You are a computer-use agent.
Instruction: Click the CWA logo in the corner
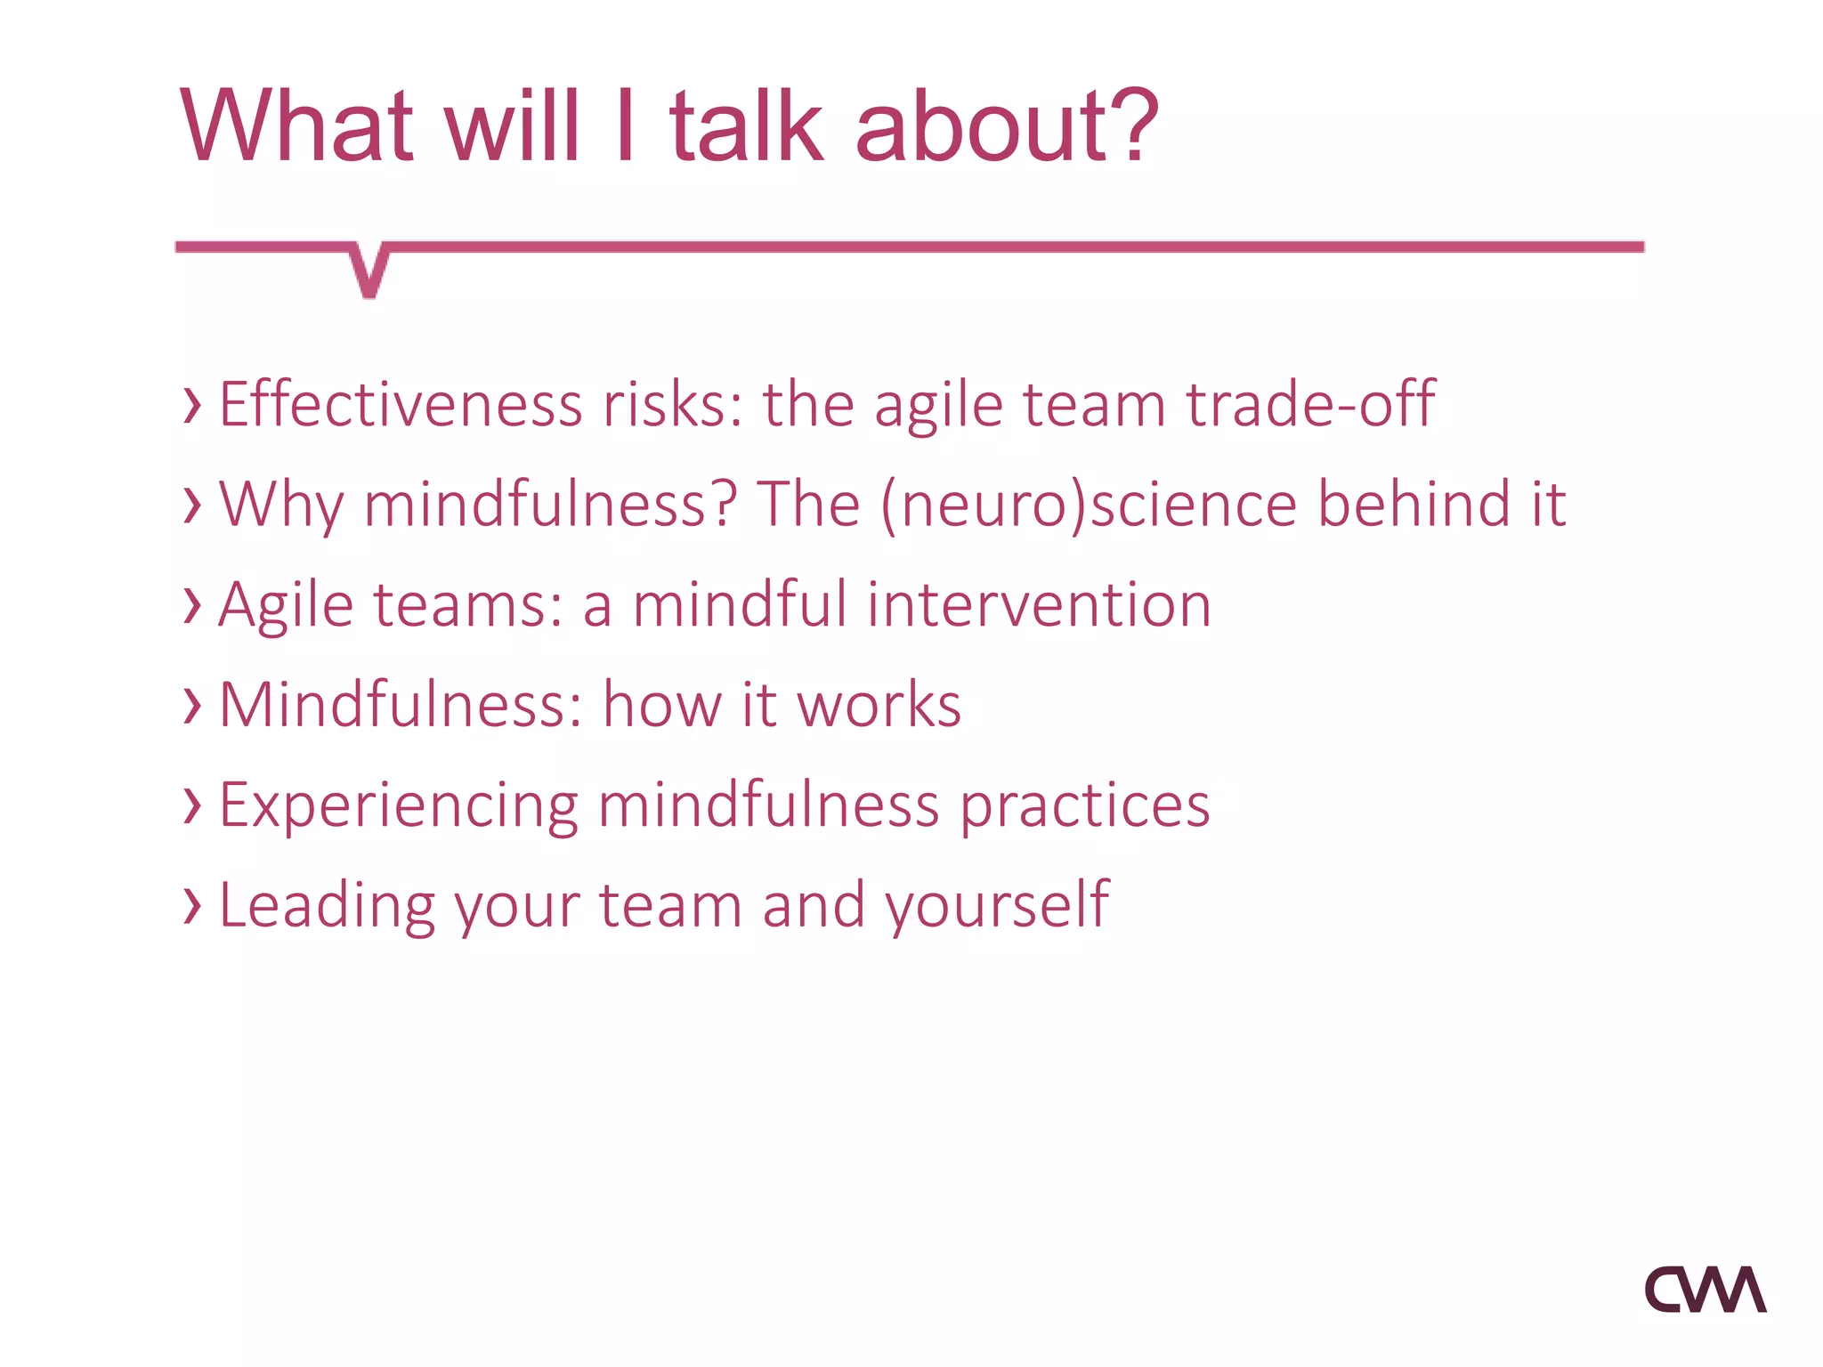pos(1705,1290)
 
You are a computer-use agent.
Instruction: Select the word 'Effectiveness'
pos(401,405)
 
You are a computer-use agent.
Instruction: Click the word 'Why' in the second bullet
pos(281,505)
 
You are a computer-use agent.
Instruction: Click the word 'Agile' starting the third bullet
pos(286,605)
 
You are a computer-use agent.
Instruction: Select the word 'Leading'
pos(326,905)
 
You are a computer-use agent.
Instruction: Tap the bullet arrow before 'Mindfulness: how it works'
pos(191,705)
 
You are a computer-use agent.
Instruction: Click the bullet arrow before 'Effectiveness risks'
pos(191,405)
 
